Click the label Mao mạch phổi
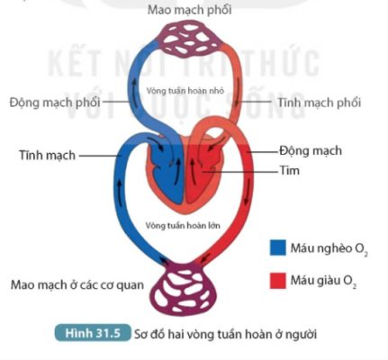[189, 10]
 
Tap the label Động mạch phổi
[55, 103]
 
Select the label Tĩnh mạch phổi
[319, 103]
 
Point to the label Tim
[290, 170]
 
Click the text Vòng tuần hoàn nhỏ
[185, 90]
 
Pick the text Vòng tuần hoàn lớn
[183, 225]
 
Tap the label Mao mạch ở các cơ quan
[77, 285]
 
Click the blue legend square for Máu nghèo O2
[278, 247]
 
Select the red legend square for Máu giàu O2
[278, 281]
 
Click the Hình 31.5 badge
[93, 333]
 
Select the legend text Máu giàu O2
[323, 281]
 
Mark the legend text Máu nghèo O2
[329, 248]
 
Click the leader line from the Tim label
[239, 172]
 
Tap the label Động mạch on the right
[311, 150]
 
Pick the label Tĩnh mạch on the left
[48, 155]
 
